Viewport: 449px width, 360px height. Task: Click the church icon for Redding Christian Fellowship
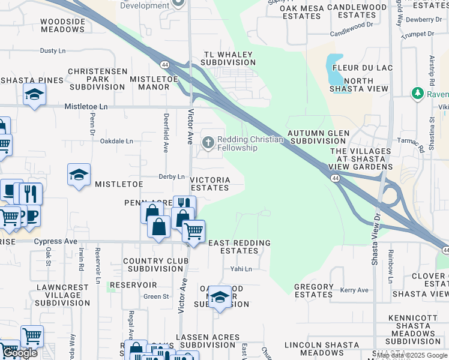tap(208, 142)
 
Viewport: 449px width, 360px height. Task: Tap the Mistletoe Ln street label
tap(86, 106)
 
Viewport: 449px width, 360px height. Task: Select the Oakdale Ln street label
tap(116, 141)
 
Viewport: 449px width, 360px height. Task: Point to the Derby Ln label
tap(171, 176)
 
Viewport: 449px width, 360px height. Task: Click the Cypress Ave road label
tap(56, 241)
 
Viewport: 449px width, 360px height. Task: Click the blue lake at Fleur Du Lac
tap(334, 70)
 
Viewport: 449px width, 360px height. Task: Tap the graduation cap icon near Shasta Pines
tap(35, 95)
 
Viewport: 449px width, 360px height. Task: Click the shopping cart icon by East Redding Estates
tap(193, 230)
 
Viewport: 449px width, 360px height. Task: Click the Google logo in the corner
tap(20, 353)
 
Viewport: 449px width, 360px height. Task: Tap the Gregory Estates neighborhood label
tap(314, 290)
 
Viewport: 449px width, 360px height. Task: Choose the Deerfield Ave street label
tap(166, 132)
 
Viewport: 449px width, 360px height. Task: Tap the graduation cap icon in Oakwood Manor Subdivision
tap(220, 297)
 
